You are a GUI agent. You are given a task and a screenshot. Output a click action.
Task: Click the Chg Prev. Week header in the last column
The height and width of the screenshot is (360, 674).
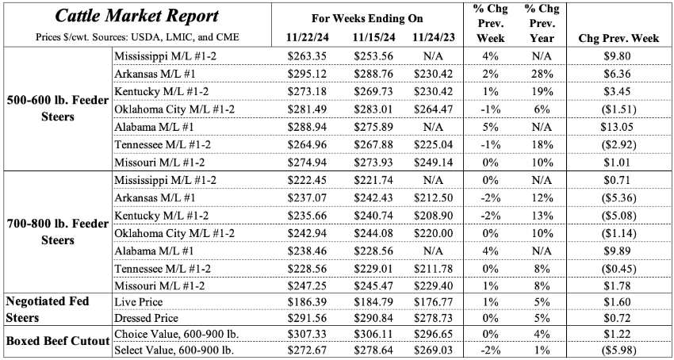pos(620,37)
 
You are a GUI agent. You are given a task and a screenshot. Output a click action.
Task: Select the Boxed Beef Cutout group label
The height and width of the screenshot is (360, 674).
pos(56,341)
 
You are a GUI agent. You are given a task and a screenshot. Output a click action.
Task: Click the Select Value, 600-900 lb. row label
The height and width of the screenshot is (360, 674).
pos(177,349)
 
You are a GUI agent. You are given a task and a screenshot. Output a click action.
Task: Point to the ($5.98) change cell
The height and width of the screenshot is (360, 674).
pos(621,349)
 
